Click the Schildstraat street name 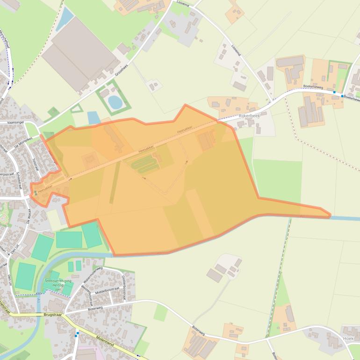pyautogui.click(x=19, y=180)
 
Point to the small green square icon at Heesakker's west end pyautogui.click(x=35, y=193)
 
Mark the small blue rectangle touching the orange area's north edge pyautogui.click(x=94, y=118)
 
